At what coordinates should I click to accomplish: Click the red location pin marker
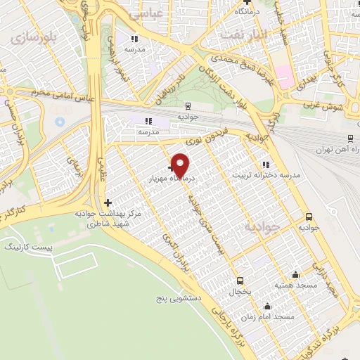tap(181, 165)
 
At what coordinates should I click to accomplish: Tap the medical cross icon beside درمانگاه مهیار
tap(172, 168)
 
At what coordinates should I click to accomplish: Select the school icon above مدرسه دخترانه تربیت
tap(265, 165)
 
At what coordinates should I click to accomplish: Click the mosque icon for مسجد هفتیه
tap(295, 275)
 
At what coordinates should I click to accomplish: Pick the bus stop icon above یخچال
tap(240, 280)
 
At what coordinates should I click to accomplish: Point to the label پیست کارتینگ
tap(25, 247)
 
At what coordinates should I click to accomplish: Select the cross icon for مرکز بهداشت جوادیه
tap(107, 203)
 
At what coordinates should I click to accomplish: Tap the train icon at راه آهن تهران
tap(349, 139)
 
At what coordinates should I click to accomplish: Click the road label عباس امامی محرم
tap(54, 98)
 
